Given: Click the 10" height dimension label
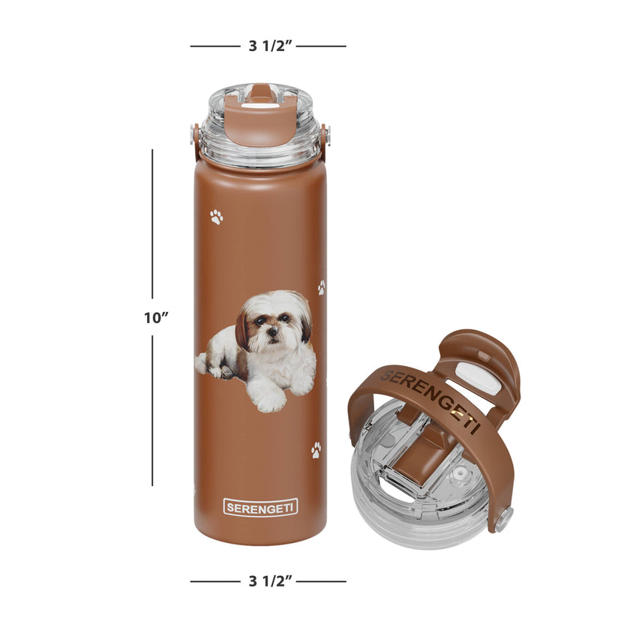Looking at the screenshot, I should [x=156, y=317].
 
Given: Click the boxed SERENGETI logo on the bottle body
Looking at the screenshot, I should [x=260, y=508].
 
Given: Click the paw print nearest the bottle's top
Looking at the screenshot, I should [x=217, y=217].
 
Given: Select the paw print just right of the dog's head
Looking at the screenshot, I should [x=321, y=287].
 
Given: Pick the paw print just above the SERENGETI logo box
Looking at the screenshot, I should [x=316, y=450].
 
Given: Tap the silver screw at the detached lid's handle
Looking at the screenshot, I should [x=504, y=517].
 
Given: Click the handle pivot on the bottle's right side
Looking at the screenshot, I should [x=324, y=136].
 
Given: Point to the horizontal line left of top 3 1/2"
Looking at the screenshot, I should [x=214, y=46].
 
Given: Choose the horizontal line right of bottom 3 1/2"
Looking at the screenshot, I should [x=322, y=580].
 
